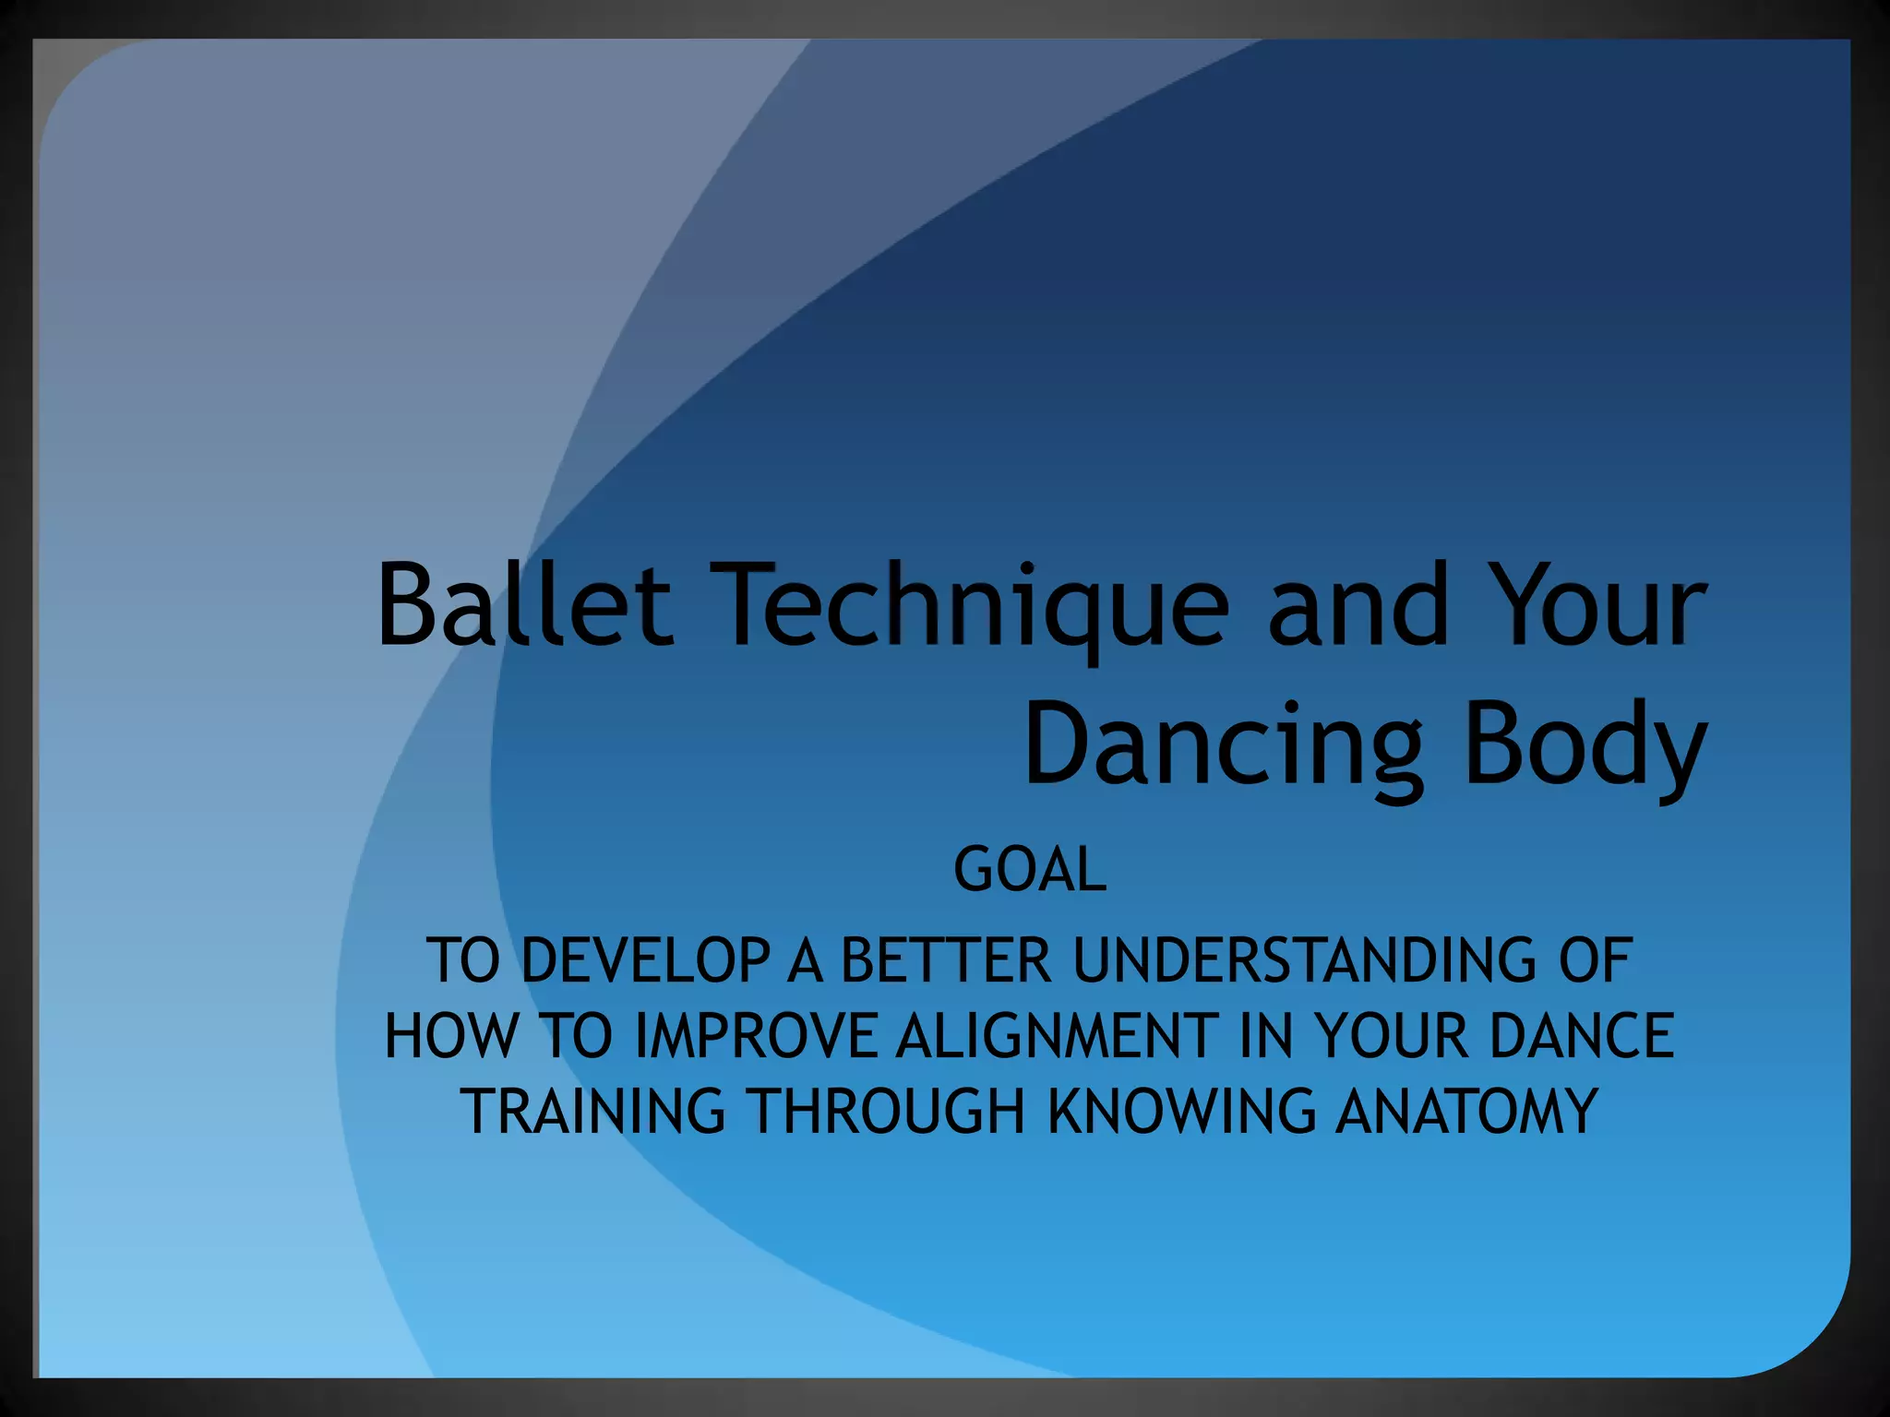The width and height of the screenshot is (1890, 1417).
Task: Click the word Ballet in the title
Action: pos(524,604)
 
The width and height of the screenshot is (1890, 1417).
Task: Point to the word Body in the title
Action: pos(1584,744)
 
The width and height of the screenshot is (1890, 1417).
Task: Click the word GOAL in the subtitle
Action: pos(1029,869)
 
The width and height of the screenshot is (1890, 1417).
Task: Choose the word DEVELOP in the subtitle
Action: pos(645,960)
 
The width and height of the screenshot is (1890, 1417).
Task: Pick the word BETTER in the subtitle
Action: pos(946,960)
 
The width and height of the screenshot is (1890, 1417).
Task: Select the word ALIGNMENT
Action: pos(1057,1035)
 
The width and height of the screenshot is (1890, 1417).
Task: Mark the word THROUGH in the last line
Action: pos(888,1111)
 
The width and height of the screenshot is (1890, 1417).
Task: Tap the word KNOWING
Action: pos(1182,1111)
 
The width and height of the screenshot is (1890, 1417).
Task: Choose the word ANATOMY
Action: pos(1466,1111)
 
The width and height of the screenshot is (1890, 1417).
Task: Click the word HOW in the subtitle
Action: pos(450,1035)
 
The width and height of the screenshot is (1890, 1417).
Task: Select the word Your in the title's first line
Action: pos(1600,604)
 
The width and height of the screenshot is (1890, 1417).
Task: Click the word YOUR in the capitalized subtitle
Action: pos(1391,1035)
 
